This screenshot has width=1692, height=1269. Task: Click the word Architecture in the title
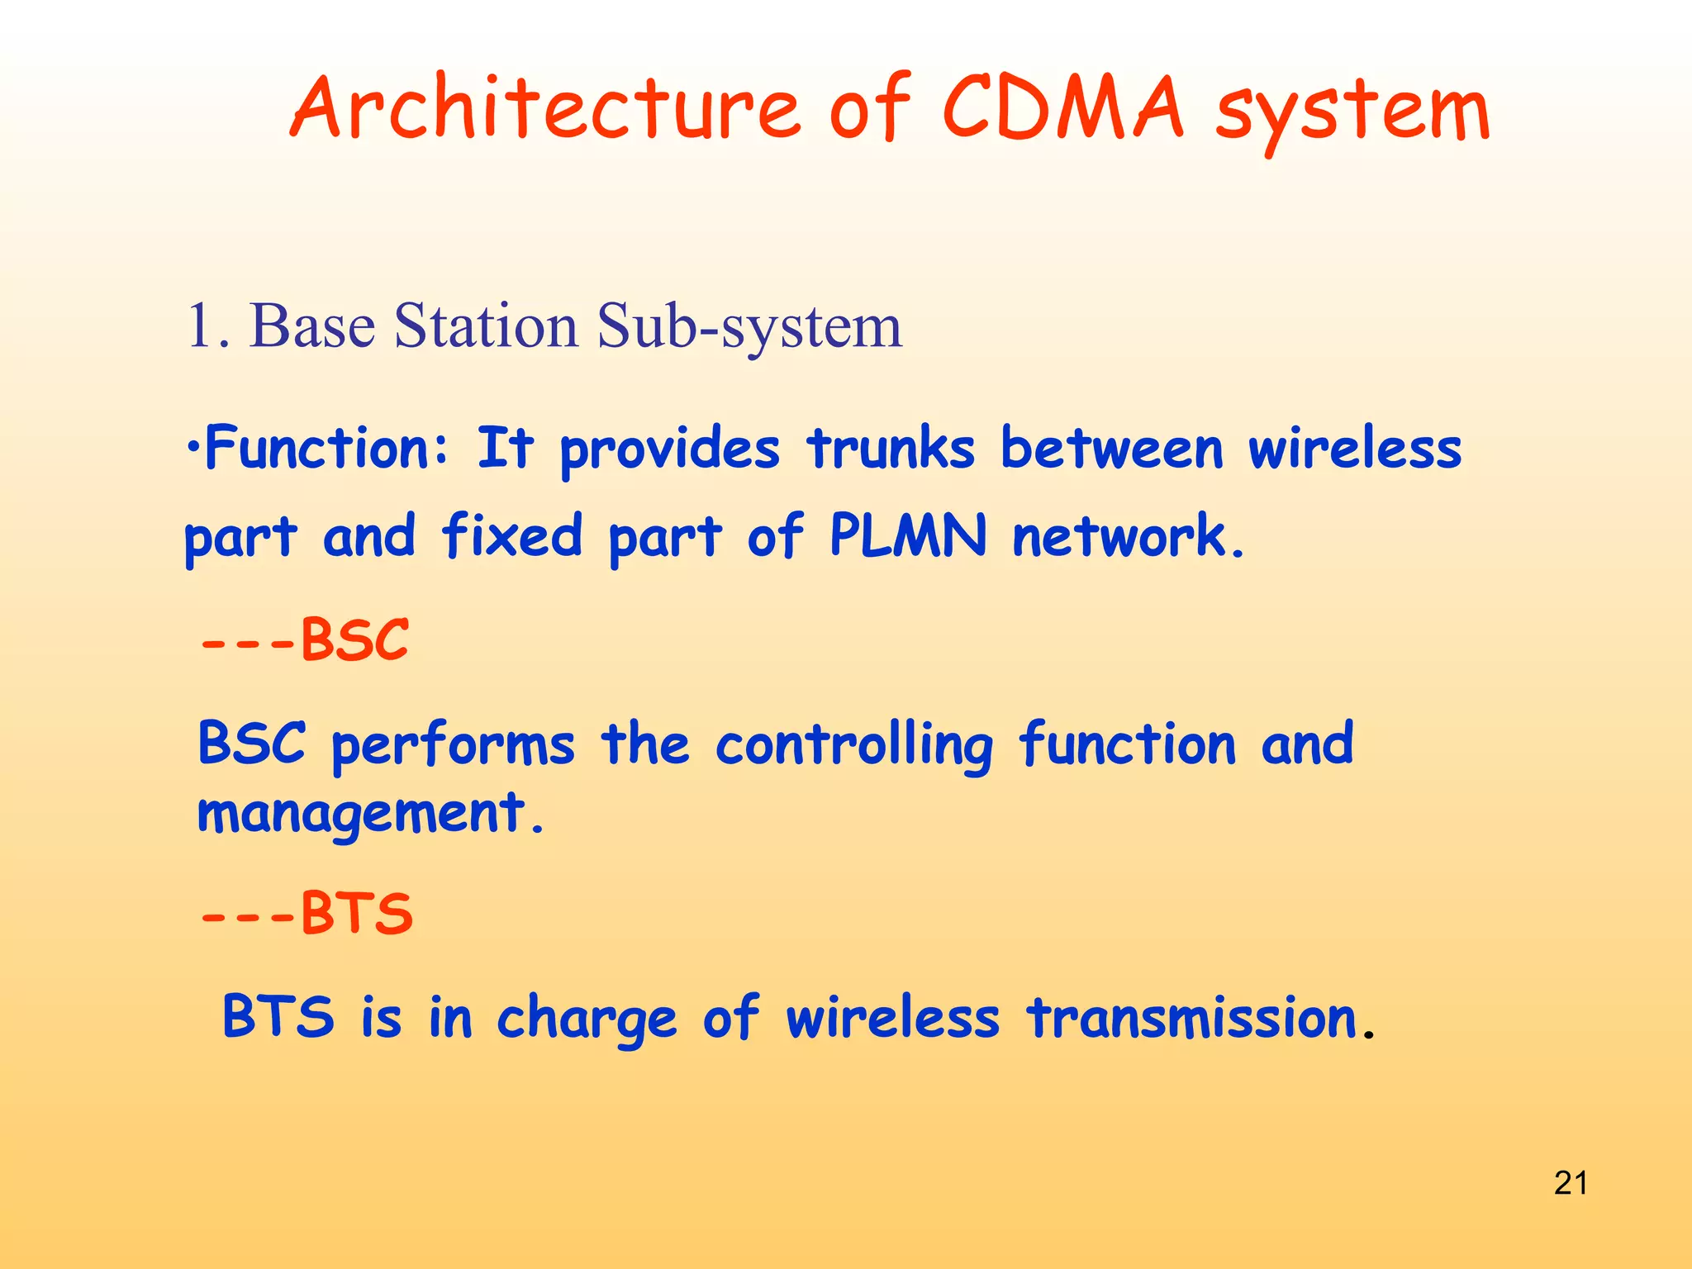click(x=545, y=110)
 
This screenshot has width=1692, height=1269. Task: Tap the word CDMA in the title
click(x=1062, y=108)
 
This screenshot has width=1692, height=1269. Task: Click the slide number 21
click(x=1570, y=1183)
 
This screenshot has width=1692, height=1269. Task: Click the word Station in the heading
click(x=487, y=326)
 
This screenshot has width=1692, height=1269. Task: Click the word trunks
click(x=891, y=449)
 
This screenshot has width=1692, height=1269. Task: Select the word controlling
click(x=853, y=745)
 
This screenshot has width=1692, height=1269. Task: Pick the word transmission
click(x=1192, y=1017)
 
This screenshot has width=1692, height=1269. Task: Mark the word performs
click(x=452, y=745)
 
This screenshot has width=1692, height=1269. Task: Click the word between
click(x=1111, y=449)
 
